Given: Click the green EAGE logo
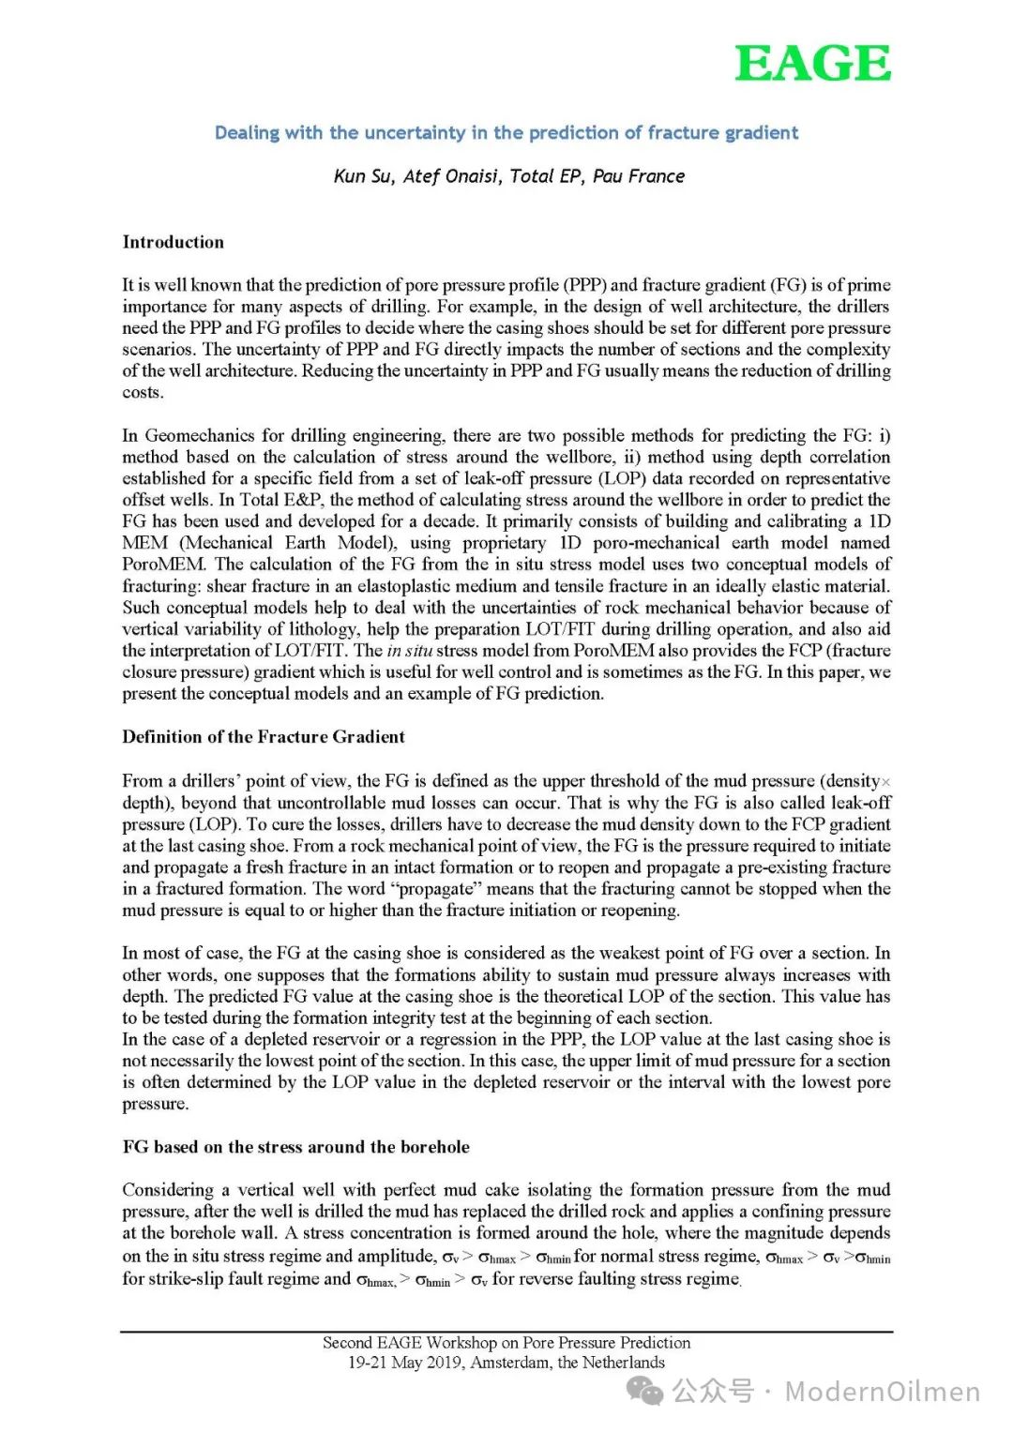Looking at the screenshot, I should pyautogui.click(x=812, y=64).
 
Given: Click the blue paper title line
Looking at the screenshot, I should pyautogui.click(x=506, y=133).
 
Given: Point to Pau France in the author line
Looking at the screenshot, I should pyautogui.click(x=639, y=176).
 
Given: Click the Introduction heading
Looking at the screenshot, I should pyautogui.click(x=174, y=242).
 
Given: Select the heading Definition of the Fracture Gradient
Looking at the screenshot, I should pyautogui.click(x=264, y=737).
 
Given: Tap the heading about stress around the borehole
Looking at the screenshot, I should pyautogui.click(x=295, y=1147).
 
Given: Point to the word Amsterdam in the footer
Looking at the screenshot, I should pyautogui.click(x=509, y=1363).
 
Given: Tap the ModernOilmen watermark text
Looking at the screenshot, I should pyautogui.click(x=882, y=1392).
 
